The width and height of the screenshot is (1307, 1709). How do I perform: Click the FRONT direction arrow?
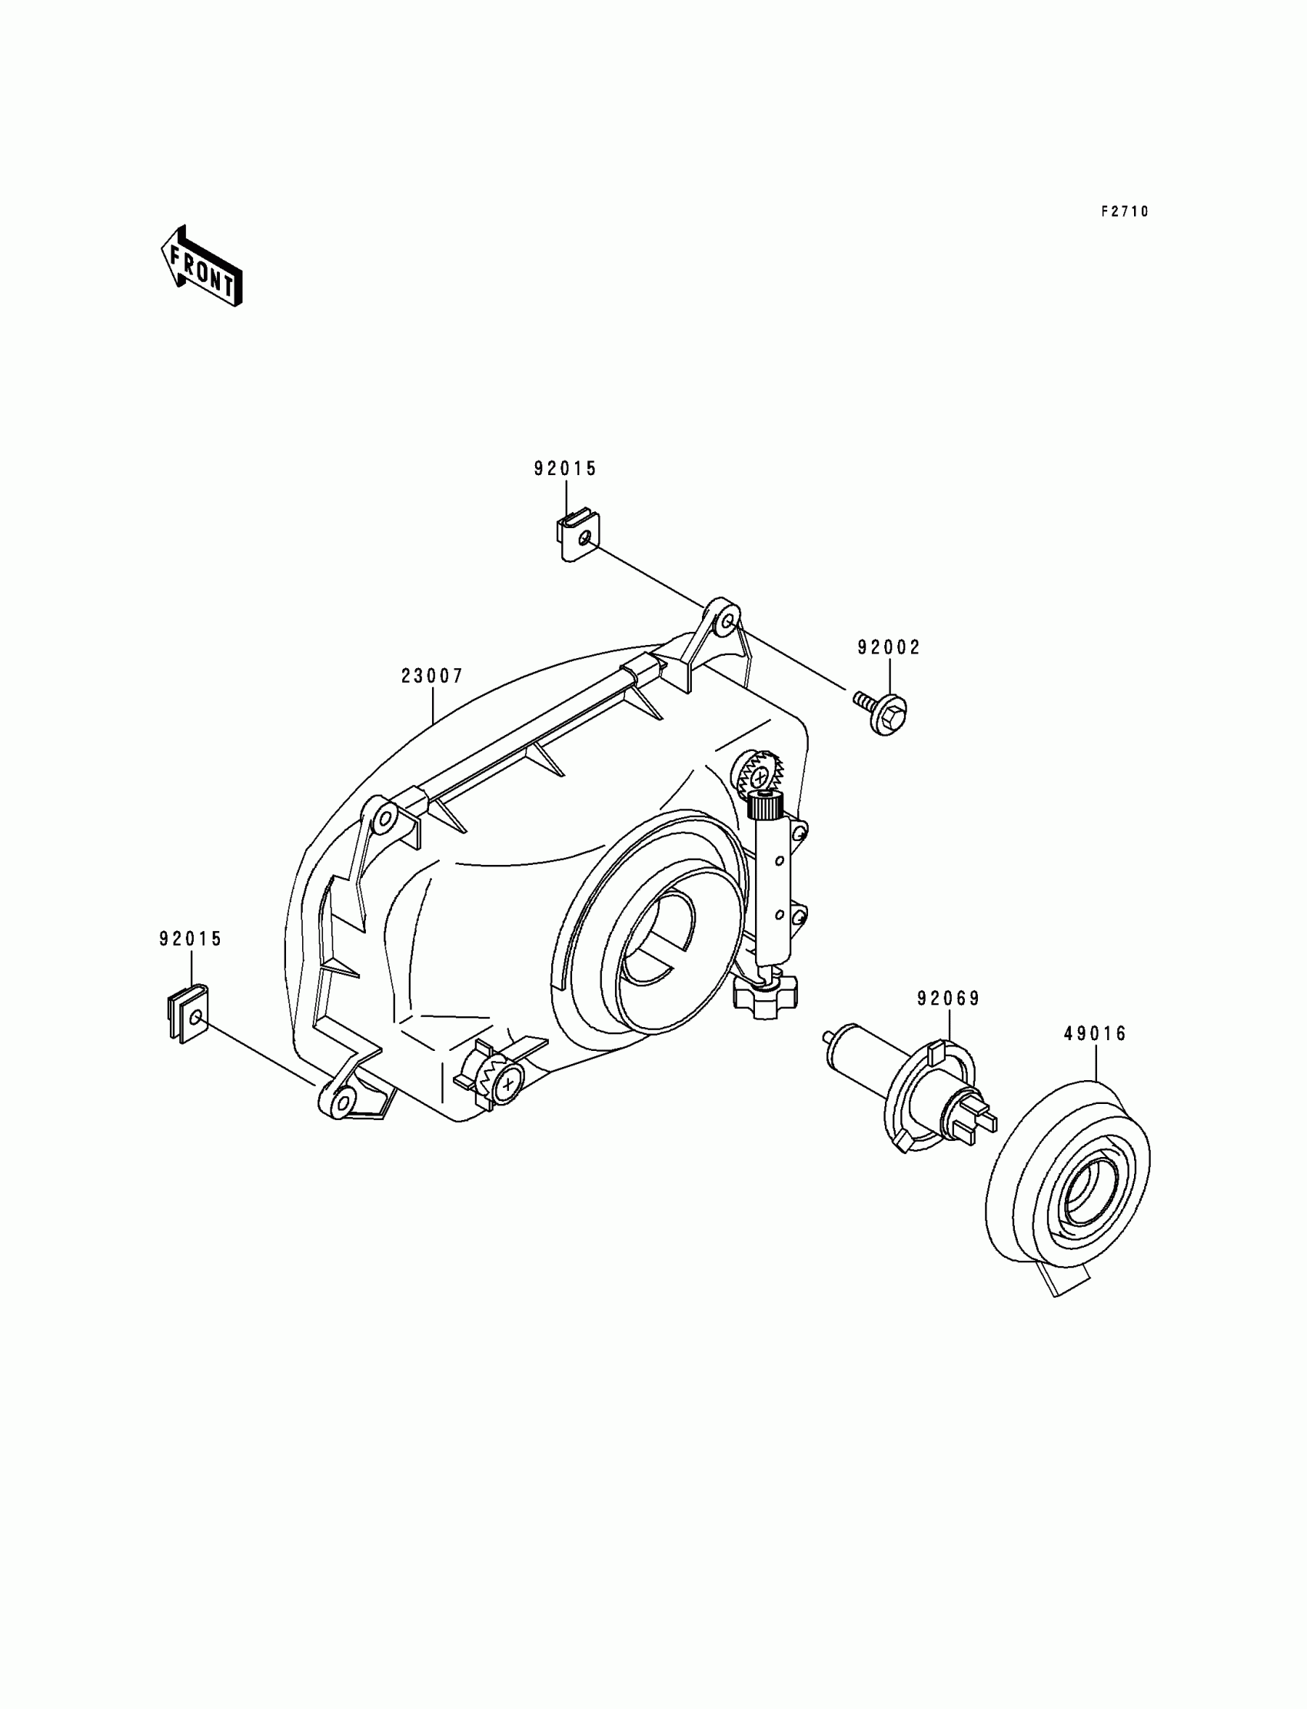pyautogui.click(x=201, y=266)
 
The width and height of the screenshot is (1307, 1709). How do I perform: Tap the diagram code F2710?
pyautogui.click(x=1124, y=211)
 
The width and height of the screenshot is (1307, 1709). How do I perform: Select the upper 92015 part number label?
pyautogui.click(x=565, y=468)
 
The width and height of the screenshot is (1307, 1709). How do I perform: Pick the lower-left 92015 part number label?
pyautogui.click(x=191, y=939)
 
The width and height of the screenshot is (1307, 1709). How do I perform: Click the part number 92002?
pyautogui.click(x=890, y=647)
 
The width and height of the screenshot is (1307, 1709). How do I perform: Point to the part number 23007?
pyautogui.click(x=432, y=676)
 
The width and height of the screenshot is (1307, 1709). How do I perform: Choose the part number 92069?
pyautogui.click(x=949, y=998)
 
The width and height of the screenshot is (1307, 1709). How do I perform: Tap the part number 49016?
pyautogui.click(x=1096, y=1034)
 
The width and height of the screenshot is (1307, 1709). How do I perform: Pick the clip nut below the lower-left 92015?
pyautogui.click(x=188, y=1012)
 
